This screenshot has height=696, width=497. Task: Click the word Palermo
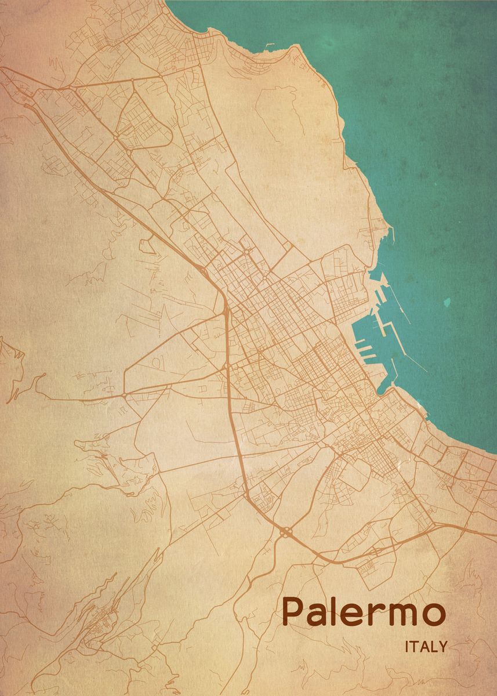coord(364,612)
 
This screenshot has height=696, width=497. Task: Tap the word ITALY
coord(426,647)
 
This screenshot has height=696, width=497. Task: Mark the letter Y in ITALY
coord(442,647)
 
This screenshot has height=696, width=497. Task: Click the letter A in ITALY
coord(425,647)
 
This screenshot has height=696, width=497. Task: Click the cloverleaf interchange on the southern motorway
coord(285,531)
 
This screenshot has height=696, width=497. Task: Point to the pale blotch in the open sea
coord(447,302)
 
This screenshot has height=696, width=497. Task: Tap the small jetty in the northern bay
coord(270,45)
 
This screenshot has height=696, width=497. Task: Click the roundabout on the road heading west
coord(124,395)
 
